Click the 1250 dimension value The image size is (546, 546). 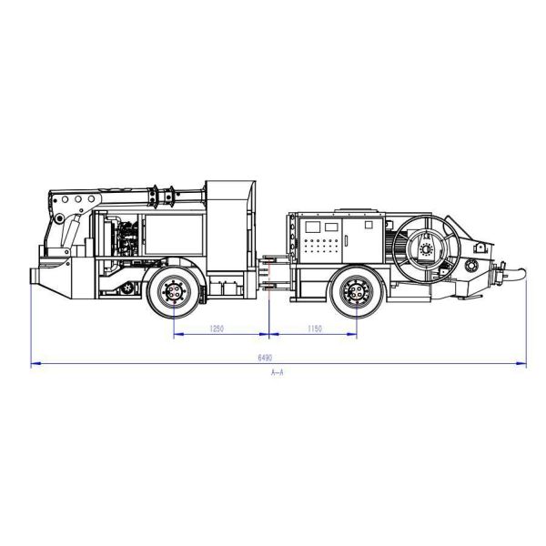pos(217,328)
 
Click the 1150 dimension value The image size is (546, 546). pos(314,328)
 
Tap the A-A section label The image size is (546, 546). pos(278,374)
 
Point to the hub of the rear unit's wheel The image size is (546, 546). pos(357,292)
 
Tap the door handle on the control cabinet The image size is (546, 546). pos(345,241)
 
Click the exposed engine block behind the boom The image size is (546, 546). pos(122,242)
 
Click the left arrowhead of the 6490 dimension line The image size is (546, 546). pos(35,364)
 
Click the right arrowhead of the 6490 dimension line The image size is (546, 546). pos(523,364)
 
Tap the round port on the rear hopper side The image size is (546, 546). pos(470,266)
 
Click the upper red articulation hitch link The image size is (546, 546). pos(270,264)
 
